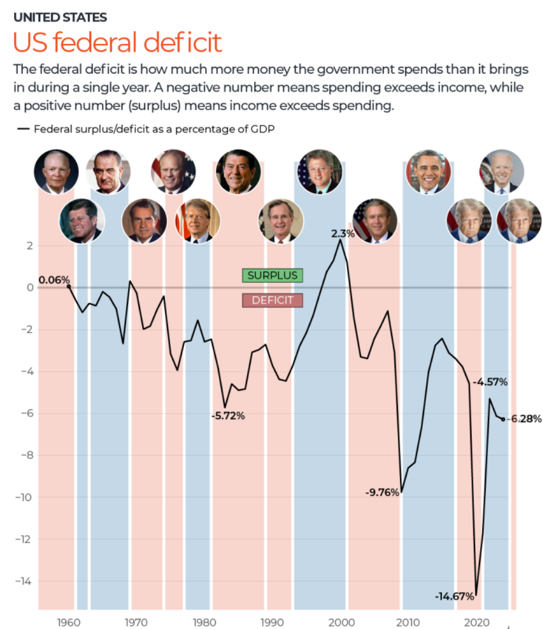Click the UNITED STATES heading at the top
point(60,18)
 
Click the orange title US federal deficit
point(117,44)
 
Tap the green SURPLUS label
point(272,275)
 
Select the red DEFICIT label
point(272,300)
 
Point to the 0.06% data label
point(54,279)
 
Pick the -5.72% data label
point(228,416)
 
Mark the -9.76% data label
point(382,492)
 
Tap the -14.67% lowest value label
point(454,596)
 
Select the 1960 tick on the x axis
point(69,622)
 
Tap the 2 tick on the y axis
point(27,245)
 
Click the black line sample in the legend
point(23,129)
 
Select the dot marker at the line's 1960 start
point(69,286)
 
